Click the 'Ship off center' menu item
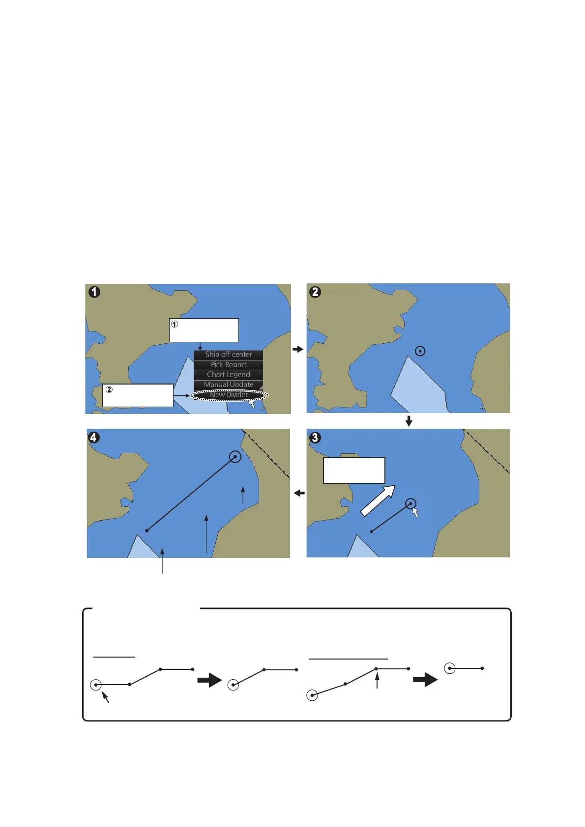click(228, 354)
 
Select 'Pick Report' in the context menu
click(228, 364)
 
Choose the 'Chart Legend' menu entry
click(228, 374)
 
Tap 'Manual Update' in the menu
click(228, 385)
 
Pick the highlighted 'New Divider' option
click(229, 395)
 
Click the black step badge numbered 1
click(94, 292)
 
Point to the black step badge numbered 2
click(315, 292)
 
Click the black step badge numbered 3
click(315, 437)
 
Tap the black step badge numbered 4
click(94, 437)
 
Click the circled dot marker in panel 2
click(420, 351)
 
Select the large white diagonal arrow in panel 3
click(378, 501)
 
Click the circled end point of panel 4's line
click(235, 457)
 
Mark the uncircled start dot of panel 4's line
click(146, 530)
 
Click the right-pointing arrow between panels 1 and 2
click(298, 349)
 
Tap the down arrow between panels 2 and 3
click(409, 421)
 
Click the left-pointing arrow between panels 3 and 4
click(299, 493)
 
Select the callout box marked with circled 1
click(204, 330)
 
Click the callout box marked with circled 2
click(138, 395)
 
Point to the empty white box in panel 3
click(354, 470)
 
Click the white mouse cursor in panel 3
click(415, 512)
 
